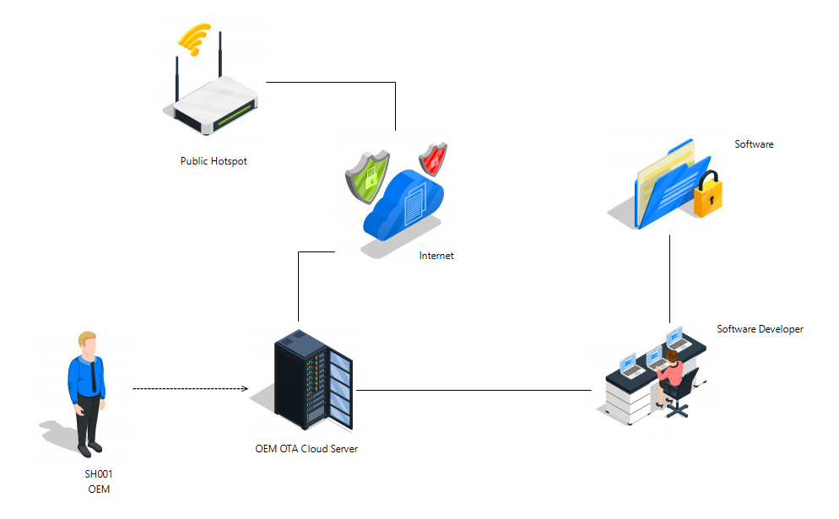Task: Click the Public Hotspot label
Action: [x=214, y=161]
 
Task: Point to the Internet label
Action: [x=436, y=256]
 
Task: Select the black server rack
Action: [x=313, y=379]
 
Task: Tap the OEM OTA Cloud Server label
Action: [x=306, y=449]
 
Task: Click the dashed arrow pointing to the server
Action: [x=190, y=389]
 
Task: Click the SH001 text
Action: [x=99, y=474]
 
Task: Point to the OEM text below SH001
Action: [x=99, y=489]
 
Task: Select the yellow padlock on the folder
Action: [x=706, y=196]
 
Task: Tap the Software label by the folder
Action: [x=754, y=144]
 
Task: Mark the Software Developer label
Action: [x=760, y=329]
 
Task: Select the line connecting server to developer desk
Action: [x=473, y=391]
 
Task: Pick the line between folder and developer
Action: [x=670, y=278]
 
